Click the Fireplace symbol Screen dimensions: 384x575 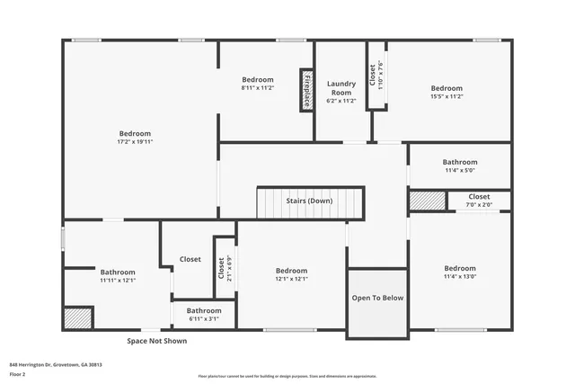(306, 90)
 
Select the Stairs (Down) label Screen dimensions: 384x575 (309, 201)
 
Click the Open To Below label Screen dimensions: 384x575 (377, 298)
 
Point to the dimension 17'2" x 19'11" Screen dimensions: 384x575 (135, 142)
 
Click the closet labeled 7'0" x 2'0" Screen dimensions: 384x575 (479, 204)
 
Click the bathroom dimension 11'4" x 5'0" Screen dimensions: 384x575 (459, 170)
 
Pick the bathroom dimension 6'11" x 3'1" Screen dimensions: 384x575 (204, 318)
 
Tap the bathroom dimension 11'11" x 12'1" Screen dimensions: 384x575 (117, 280)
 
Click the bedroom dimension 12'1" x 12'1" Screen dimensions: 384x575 (291, 279)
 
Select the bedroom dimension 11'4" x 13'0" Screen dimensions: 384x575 (459, 276)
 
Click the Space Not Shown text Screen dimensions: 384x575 (156, 341)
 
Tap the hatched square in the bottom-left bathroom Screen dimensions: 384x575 (78, 318)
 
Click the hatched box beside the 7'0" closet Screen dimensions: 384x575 (422, 201)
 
